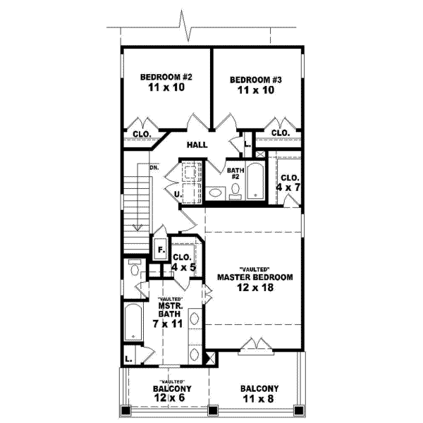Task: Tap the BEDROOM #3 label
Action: pyautogui.click(x=256, y=80)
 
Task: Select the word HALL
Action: pyautogui.click(x=197, y=145)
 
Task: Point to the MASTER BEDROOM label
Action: pyautogui.click(x=255, y=277)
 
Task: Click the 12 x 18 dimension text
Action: pyautogui.click(x=255, y=288)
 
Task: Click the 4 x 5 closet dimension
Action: pyautogui.click(x=183, y=267)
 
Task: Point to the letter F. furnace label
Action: pyautogui.click(x=160, y=250)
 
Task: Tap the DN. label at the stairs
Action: pyautogui.click(x=154, y=168)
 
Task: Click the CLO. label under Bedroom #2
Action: pyautogui.click(x=141, y=133)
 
